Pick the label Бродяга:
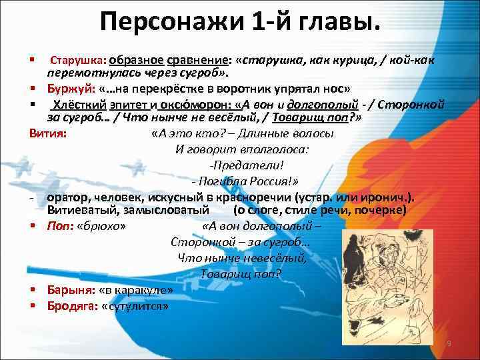pos(71,306)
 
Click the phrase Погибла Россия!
pos(246,181)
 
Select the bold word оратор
pos(66,197)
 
